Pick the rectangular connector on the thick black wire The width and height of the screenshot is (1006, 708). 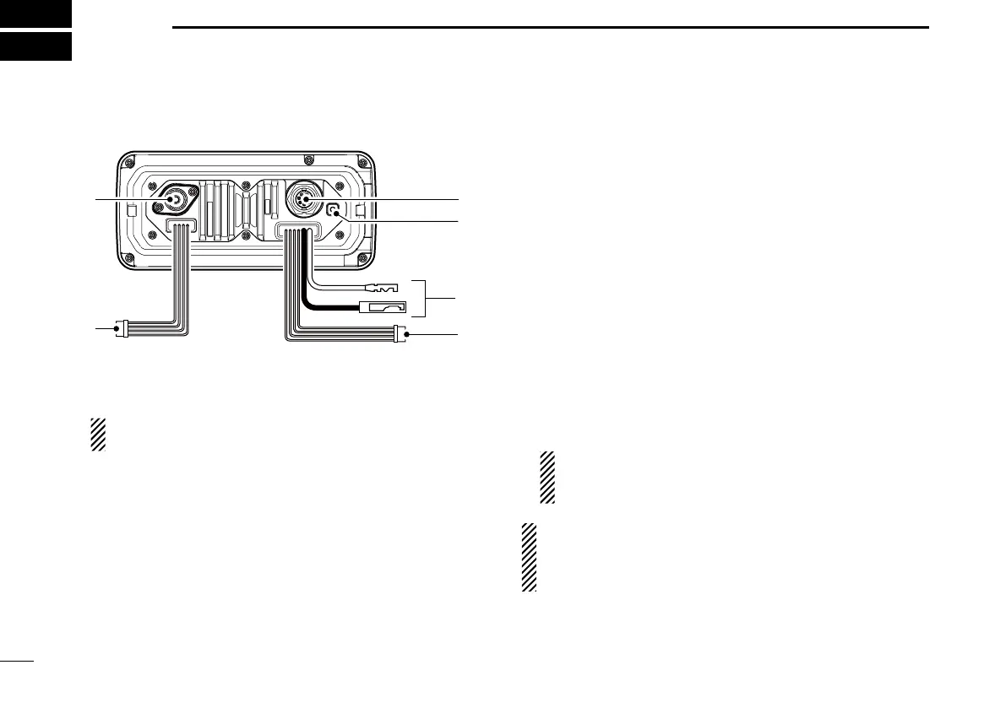pos(383,308)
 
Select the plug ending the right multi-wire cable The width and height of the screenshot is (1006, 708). pos(400,335)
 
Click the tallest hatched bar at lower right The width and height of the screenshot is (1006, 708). pos(529,557)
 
